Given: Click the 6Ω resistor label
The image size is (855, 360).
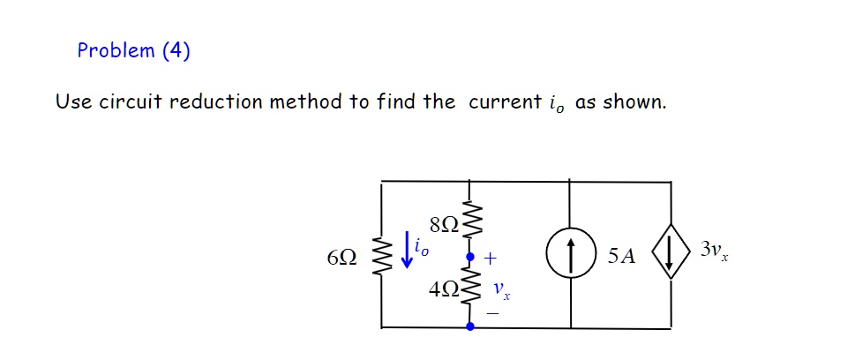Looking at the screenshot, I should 341,258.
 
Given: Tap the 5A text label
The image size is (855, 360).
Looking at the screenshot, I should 621,257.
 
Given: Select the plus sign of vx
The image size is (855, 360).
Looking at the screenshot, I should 491,259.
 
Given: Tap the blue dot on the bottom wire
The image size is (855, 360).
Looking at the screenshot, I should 469,326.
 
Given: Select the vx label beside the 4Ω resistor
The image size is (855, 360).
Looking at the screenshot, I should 500,289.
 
